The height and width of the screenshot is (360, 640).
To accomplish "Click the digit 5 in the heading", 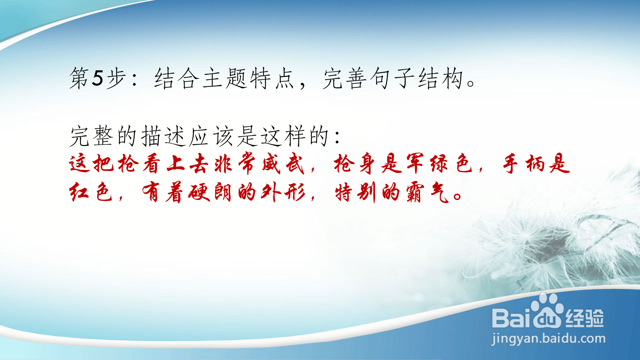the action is [x=98, y=78].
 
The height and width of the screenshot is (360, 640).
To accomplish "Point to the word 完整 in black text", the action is [x=92, y=136].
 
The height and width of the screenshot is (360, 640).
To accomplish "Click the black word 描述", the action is [x=163, y=136].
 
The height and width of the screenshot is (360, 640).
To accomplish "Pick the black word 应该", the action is [x=211, y=136].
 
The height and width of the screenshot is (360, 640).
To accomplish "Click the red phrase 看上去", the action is [x=175, y=164].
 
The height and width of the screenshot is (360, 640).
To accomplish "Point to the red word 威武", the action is [x=283, y=164].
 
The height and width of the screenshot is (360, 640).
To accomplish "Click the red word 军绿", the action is [x=427, y=164].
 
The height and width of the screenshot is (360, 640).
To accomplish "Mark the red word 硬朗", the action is [x=210, y=192].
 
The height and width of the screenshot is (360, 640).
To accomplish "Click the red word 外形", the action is [x=283, y=192].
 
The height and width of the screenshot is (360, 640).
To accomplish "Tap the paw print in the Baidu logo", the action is [x=547, y=310].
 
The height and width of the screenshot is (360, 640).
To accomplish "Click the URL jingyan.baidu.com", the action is [x=548, y=339].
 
